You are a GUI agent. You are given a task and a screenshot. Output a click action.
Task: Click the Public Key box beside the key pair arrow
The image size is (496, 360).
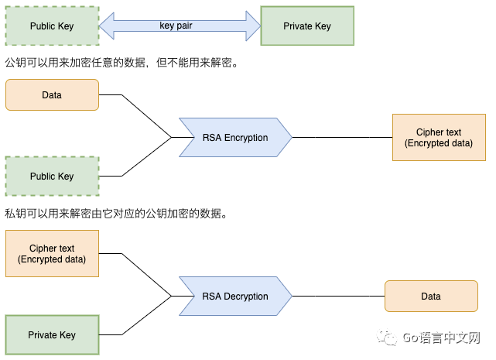[x=52, y=26]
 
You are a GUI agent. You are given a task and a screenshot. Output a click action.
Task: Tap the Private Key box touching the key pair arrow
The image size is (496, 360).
[x=307, y=26]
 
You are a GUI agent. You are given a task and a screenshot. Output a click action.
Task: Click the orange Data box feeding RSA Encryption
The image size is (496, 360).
[x=52, y=95]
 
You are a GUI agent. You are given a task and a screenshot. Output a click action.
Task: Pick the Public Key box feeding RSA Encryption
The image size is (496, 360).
[x=52, y=177]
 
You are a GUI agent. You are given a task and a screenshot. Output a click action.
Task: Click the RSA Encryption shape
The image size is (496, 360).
[x=234, y=138]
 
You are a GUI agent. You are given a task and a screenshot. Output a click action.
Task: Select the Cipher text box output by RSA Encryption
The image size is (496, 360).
[x=438, y=138]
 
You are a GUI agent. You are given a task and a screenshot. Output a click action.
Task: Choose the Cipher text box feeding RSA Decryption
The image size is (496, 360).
[x=52, y=254]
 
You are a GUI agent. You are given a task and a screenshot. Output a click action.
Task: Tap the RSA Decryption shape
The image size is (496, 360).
[x=234, y=297]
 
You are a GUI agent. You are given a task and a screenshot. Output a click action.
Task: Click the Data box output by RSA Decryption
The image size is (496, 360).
[x=430, y=297]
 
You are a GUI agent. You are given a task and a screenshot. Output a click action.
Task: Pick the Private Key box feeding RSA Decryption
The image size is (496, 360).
[x=52, y=335]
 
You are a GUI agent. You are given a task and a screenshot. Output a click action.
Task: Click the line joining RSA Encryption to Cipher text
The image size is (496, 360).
[x=340, y=138]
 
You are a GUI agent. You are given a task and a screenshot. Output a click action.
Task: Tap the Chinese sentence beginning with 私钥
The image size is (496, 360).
[x=116, y=214]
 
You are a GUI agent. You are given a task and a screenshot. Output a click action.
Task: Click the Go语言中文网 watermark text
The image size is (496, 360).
[x=442, y=338]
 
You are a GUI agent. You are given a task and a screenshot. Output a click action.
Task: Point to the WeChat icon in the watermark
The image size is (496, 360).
[x=386, y=338]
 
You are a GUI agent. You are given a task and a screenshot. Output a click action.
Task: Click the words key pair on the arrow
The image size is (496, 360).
[x=176, y=26]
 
